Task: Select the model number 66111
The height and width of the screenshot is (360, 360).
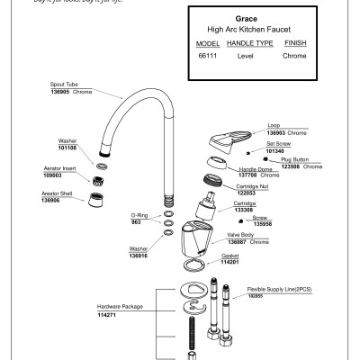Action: pyautogui.click(x=210, y=56)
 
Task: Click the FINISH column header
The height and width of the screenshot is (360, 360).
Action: pyautogui.click(x=294, y=42)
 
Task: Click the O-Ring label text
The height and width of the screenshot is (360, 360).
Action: pyautogui.click(x=139, y=215)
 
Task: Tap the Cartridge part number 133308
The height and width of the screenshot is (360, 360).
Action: pyautogui.click(x=246, y=210)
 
